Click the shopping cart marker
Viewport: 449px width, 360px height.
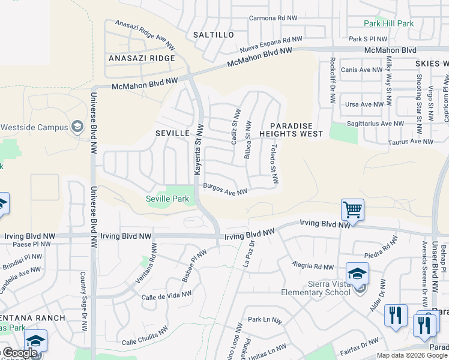click(x=352, y=210)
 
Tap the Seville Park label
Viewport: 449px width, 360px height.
click(x=167, y=199)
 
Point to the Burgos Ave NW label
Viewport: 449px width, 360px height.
click(x=225, y=190)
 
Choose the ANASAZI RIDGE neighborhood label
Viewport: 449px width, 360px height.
click(x=142, y=58)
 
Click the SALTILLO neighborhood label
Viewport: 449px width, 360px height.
click(x=214, y=35)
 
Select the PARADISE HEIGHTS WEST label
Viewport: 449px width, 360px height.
click(x=291, y=130)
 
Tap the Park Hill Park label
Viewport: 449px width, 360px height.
click(x=389, y=23)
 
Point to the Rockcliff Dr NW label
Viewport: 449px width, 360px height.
click(x=332, y=81)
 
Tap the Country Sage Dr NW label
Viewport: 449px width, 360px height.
click(x=83, y=292)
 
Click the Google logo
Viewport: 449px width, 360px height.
click(x=20, y=353)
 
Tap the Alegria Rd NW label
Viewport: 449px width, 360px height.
click(x=312, y=265)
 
